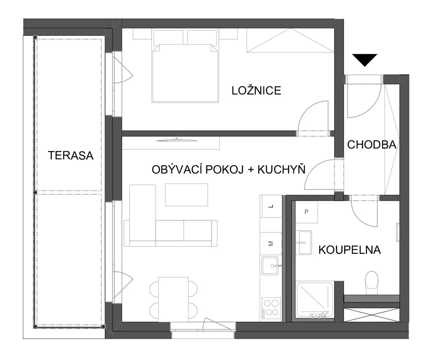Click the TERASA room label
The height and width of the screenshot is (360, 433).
click(71, 155)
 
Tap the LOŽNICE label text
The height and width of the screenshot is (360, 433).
click(256, 91)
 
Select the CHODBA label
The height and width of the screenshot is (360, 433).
click(372, 145)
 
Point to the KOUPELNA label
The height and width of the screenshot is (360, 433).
click(350, 250)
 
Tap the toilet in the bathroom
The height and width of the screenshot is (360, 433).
click(372, 283)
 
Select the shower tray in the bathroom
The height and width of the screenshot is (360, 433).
click(315, 301)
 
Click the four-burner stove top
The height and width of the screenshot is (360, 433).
click(271, 308)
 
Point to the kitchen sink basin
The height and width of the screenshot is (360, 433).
click(270, 266)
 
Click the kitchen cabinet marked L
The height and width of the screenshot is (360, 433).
click(271, 206)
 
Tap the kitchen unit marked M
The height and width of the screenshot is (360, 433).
click(271, 243)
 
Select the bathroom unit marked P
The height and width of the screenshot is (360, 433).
click(306, 212)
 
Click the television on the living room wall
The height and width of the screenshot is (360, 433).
click(177, 140)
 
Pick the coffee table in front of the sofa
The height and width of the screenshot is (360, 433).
click(187, 195)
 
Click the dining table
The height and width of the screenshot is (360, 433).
click(173, 299)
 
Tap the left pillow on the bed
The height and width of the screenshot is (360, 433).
click(169, 37)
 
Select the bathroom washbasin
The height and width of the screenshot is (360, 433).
click(303, 243)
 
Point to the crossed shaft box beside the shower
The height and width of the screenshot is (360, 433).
click(372, 315)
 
